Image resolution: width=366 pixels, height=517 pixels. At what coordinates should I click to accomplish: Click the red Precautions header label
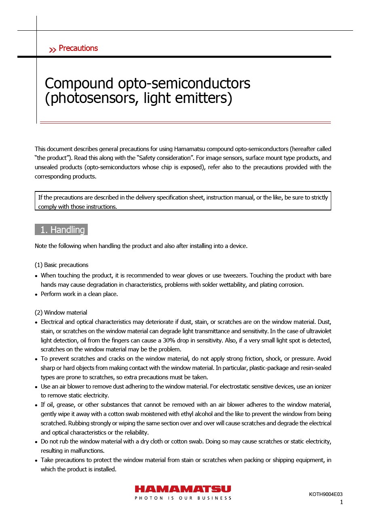(x=78, y=48)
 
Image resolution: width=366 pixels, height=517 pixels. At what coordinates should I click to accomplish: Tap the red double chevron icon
(x=53, y=50)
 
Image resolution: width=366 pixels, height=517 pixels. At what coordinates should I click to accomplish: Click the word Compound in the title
(x=79, y=84)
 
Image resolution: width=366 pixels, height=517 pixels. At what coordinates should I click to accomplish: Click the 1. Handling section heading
(x=61, y=230)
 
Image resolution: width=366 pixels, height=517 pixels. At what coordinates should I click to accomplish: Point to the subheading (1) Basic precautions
(x=61, y=265)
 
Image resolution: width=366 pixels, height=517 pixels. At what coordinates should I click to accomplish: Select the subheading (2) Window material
(x=61, y=313)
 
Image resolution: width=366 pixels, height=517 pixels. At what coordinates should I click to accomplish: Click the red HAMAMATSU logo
(x=183, y=489)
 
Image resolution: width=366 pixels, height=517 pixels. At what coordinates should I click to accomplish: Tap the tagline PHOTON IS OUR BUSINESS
(x=183, y=498)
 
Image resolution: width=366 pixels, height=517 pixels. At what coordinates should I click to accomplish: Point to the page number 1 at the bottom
(x=341, y=502)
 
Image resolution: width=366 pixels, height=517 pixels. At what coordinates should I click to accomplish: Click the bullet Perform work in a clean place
(x=79, y=294)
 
